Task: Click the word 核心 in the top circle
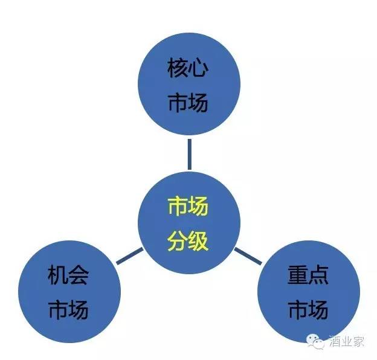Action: pos(188,69)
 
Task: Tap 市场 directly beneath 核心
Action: pos(188,103)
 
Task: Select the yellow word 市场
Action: pos(188,208)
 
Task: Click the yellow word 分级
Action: pos(188,242)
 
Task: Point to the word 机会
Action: pos(68,277)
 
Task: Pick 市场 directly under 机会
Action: pos(68,310)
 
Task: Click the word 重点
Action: pos(308,277)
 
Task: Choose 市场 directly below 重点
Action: pos(308,310)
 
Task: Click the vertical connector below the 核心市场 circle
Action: pos(189,155)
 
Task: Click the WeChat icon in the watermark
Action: pos(316,342)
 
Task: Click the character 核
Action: pos(178,69)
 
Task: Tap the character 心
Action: pos(198,69)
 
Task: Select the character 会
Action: pos(79,277)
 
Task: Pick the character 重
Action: pos(298,277)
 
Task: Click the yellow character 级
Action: pos(198,242)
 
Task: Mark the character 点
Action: pos(318,277)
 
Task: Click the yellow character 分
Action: pos(178,242)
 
